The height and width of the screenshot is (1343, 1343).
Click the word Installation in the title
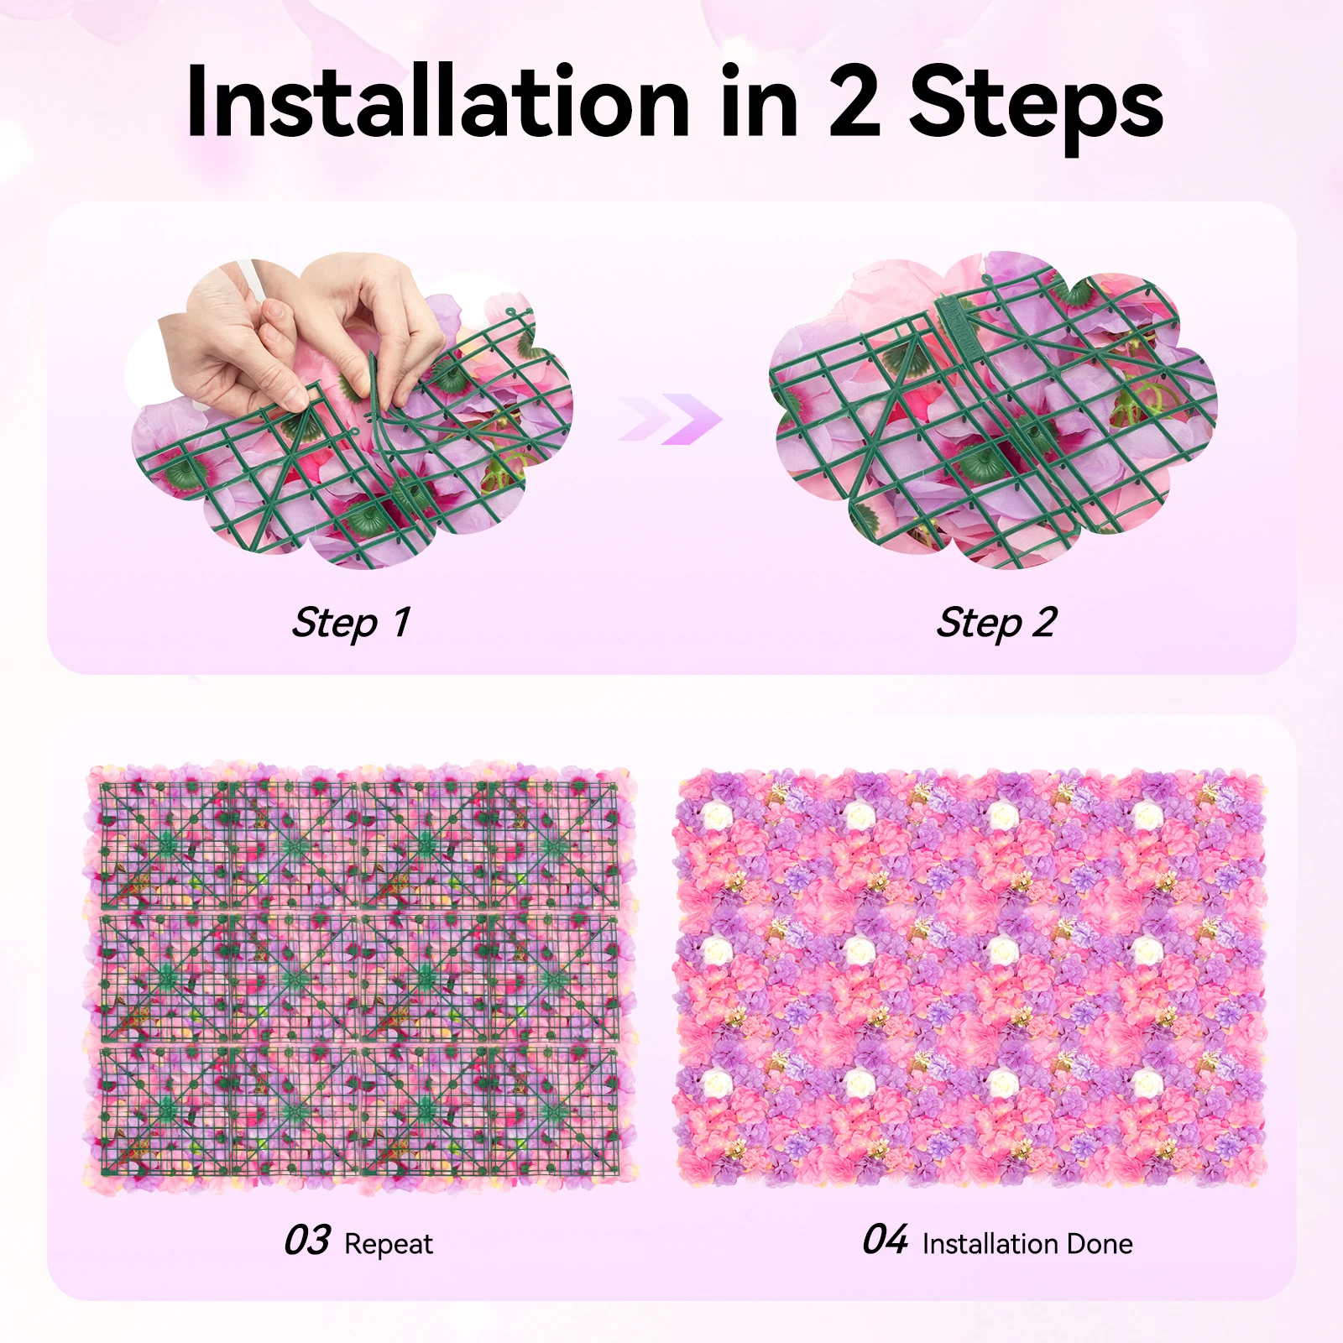[x=436, y=102]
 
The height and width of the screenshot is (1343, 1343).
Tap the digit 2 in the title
[x=854, y=102]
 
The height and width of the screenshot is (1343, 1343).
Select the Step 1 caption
[x=351, y=623]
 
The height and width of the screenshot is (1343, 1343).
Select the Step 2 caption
[x=996, y=623]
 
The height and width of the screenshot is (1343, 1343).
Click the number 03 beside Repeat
[x=307, y=1241]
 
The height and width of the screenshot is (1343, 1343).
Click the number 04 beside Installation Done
[x=885, y=1240]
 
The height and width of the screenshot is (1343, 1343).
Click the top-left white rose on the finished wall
[x=715, y=814]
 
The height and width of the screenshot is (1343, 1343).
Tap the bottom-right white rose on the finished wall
[x=1147, y=1084]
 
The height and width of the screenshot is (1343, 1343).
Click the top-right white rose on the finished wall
[x=1147, y=814]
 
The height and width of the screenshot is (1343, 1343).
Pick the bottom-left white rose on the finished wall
[x=715, y=1084]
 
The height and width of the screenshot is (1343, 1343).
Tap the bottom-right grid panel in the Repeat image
[x=554, y=1108]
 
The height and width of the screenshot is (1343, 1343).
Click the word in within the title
[x=758, y=102]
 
